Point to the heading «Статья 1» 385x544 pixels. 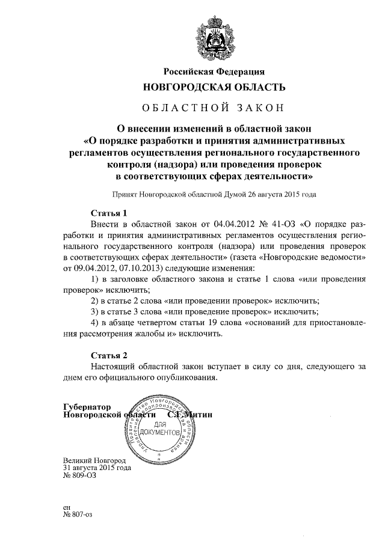pyautogui.click(x=108, y=213)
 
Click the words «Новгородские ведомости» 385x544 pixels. pyautogui.click(x=306, y=255)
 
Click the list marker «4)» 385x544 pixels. pyautogui.click(x=94, y=324)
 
